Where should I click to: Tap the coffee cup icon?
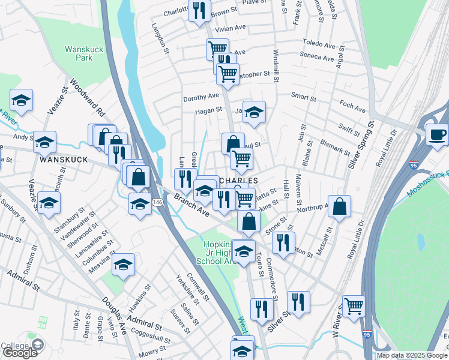tap(437, 134)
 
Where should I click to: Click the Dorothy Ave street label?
tap(201, 97)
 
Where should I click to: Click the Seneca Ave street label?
tap(317, 58)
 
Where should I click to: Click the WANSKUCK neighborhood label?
tap(64, 160)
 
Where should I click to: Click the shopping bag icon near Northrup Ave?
tap(339, 207)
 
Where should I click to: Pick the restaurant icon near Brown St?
tap(199, 9)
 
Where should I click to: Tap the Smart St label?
tap(303, 97)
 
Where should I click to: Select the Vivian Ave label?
tap(231, 28)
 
